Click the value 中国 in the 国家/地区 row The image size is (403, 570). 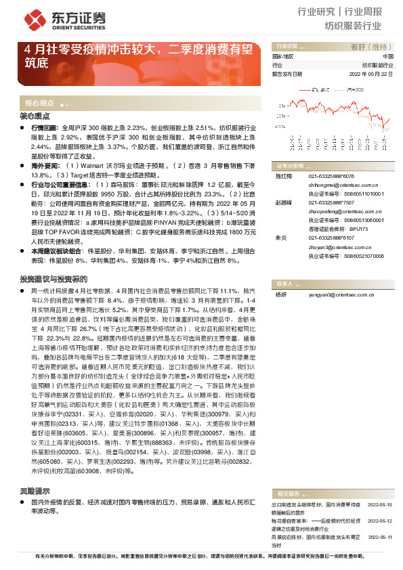(x=387, y=56)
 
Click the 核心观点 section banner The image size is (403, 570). (x=41, y=104)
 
